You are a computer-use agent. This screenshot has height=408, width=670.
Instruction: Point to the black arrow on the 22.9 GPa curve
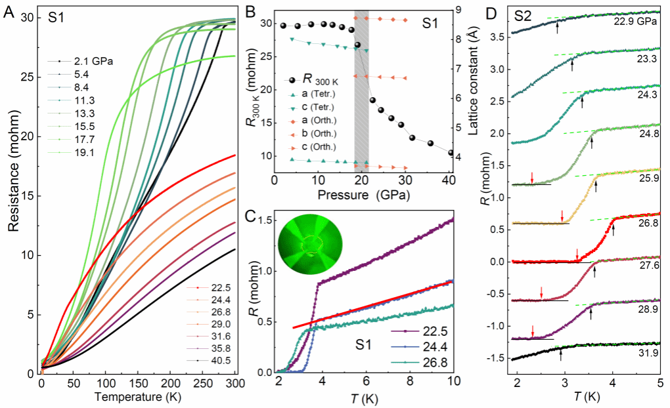click(x=557, y=28)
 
